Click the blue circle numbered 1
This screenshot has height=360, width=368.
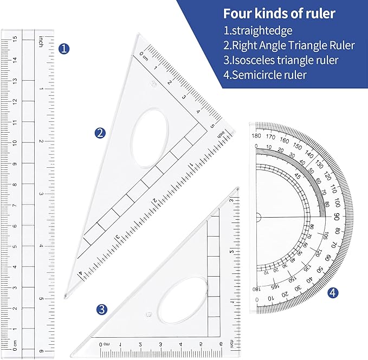point(64,49)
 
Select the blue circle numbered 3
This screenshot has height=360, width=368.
point(102,309)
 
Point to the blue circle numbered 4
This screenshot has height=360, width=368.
point(333,293)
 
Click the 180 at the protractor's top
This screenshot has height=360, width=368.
point(257,135)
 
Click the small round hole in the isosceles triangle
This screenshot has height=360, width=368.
point(149,314)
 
